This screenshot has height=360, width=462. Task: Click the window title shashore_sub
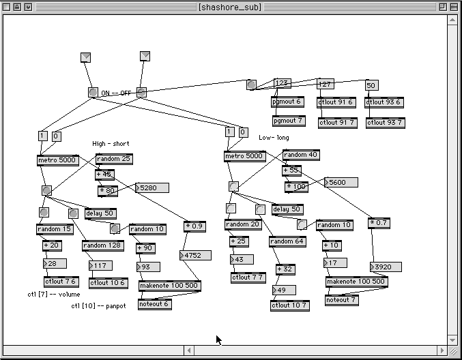click(x=231, y=7)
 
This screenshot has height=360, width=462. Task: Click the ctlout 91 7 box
click(x=337, y=122)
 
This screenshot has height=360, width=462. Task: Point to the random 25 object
click(x=114, y=160)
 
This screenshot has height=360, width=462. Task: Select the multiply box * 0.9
click(x=194, y=226)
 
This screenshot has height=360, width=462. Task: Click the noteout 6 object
click(x=154, y=304)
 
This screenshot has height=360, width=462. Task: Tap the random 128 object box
click(x=103, y=245)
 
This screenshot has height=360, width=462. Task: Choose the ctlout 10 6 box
click(x=108, y=282)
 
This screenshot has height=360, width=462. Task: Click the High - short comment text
click(x=111, y=144)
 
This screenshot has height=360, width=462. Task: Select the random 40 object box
click(x=300, y=155)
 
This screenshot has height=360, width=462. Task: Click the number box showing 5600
click(x=340, y=182)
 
